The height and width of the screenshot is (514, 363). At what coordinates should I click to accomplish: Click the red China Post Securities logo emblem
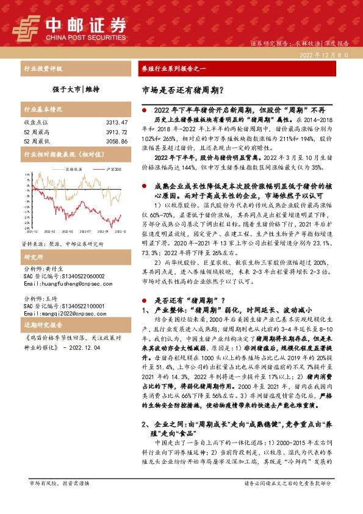tap(26, 27)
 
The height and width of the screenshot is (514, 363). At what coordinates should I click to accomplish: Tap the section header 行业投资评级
tap(43, 70)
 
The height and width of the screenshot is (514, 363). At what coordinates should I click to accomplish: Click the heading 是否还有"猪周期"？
tap(191, 300)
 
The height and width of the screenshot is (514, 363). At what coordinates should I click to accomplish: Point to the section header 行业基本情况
tap(43, 110)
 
